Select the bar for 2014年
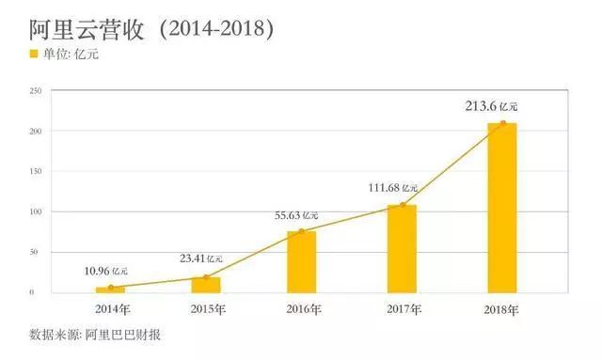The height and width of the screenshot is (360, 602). click(110, 290)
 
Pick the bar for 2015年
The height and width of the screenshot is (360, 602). click(206, 284)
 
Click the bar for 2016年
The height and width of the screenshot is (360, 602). click(302, 261)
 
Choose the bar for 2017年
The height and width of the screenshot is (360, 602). click(402, 248)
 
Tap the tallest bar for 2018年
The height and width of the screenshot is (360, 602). click(501, 208)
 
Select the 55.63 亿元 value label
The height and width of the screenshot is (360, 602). click(294, 215)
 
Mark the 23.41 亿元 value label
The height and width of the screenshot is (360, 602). click(199, 258)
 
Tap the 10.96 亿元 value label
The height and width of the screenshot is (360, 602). click(104, 271)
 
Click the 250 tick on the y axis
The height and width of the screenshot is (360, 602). click(36, 90)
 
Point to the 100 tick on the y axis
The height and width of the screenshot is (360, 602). click(36, 211)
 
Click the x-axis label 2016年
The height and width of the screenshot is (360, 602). click(302, 308)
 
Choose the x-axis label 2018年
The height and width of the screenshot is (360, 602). click(501, 308)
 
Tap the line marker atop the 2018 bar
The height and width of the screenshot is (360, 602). click(503, 123)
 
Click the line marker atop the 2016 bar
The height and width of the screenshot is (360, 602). click(302, 231)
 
